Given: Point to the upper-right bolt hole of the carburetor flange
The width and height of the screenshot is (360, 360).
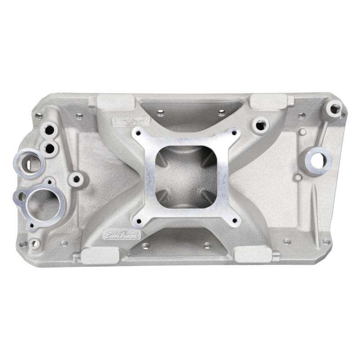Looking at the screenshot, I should [234, 131].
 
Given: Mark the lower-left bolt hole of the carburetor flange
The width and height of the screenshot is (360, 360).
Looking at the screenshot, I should [138, 221].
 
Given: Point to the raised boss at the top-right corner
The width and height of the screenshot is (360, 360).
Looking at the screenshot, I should [335, 108].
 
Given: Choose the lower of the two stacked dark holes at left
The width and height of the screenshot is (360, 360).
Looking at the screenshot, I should [49, 147].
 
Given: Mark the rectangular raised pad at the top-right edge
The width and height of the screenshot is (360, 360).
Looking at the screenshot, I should [268, 101].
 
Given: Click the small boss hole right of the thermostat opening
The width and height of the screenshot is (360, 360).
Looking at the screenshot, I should [76, 179].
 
